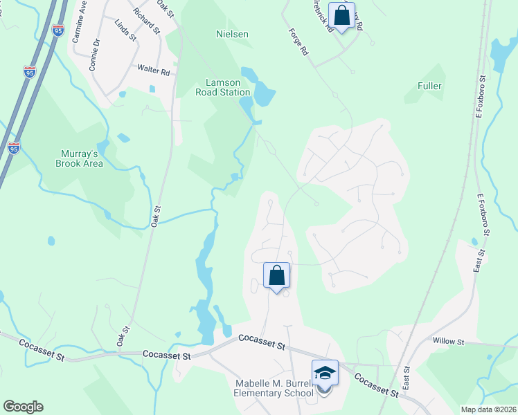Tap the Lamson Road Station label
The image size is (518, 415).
(x=222, y=87)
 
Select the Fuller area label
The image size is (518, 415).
(x=429, y=86)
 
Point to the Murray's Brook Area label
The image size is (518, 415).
(x=80, y=158)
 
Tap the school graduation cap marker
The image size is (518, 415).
(x=325, y=373)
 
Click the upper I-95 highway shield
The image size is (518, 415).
(x=29, y=71)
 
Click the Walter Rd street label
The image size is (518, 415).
(x=153, y=71)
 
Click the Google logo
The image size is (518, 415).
(x=23, y=407)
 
